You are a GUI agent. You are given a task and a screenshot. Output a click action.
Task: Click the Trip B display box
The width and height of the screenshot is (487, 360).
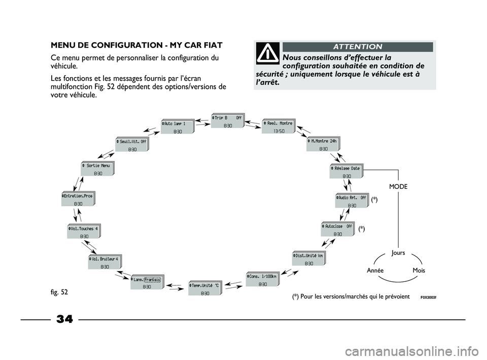pyautogui.click(x=228, y=121)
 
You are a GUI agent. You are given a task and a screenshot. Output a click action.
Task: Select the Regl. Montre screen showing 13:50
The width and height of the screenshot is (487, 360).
pyautogui.click(x=279, y=126)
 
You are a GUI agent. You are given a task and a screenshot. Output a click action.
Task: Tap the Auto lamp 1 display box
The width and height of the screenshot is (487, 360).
pyautogui.click(x=178, y=127)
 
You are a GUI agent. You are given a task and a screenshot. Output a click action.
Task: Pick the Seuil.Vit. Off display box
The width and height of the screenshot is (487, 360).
pyautogui.click(x=132, y=145)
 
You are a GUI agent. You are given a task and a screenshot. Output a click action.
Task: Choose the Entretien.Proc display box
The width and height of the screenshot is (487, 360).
pyautogui.click(x=78, y=199)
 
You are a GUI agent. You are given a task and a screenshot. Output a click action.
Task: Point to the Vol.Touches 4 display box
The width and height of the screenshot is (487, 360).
pyautogui.click(x=84, y=232)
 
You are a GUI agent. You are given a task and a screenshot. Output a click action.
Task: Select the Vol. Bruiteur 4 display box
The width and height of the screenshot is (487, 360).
pyautogui.click(x=105, y=262)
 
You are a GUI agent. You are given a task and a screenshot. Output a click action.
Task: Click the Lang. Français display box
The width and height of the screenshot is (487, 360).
pyautogui.click(x=147, y=282)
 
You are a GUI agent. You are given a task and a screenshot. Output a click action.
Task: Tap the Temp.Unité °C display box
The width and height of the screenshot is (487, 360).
pyautogui.click(x=205, y=289)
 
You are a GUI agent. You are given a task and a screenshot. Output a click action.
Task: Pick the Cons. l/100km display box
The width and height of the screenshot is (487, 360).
pyautogui.click(x=263, y=280)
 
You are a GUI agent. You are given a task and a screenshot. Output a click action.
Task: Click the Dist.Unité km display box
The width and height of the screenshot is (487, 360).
pyautogui.click(x=309, y=259)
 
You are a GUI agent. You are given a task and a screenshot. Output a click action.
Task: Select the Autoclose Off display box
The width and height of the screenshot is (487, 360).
pyautogui.click(x=338, y=230)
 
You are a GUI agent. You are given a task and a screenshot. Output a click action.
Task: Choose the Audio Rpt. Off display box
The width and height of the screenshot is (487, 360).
pyautogui.click(x=352, y=201)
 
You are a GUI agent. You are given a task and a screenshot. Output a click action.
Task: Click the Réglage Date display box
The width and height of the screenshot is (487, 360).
pyautogui.click(x=346, y=172)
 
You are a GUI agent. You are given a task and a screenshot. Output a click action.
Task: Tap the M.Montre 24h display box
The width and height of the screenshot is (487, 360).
pyautogui.click(x=324, y=145)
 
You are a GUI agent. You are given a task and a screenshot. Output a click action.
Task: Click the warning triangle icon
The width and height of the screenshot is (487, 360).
pyautogui.click(x=266, y=53)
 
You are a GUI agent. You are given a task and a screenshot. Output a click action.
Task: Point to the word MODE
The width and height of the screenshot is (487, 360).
pyautogui.click(x=398, y=187)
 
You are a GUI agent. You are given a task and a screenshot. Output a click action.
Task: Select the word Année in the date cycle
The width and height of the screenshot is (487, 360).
pyautogui.click(x=375, y=271)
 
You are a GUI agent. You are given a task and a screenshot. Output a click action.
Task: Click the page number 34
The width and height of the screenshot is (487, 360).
pyautogui.click(x=64, y=319)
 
